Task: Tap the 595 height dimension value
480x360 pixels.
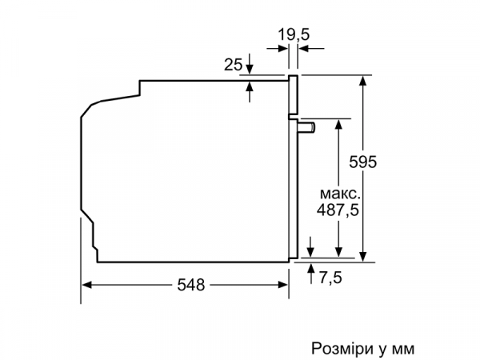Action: point(362,162)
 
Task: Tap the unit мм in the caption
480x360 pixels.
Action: point(403,349)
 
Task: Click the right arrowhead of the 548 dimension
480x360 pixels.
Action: point(283,283)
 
